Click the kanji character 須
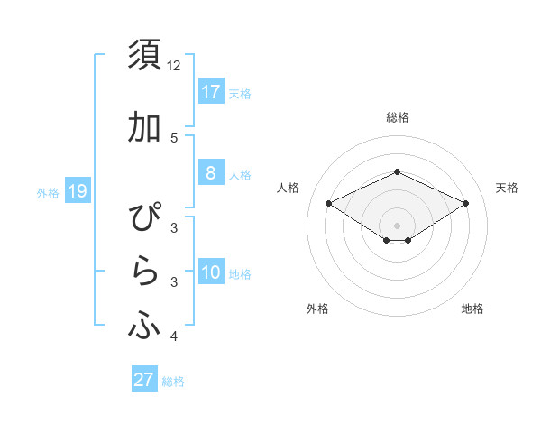point(144,56)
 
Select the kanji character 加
point(144,129)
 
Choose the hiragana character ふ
point(144,326)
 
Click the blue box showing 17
point(210,92)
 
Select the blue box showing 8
point(210,173)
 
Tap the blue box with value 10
point(210,273)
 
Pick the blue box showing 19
point(77,191)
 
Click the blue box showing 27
point(144,380)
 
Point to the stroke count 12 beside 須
point(174,67)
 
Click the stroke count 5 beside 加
point(174,138)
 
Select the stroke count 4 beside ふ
point(174,337)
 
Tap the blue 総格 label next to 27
point(173,382)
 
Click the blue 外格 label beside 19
point(48,192)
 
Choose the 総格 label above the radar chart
point(397,118)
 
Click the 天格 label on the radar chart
point(507,188)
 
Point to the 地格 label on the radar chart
point(472,309)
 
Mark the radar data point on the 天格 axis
point(465,203)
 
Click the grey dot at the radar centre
point(397,225)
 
